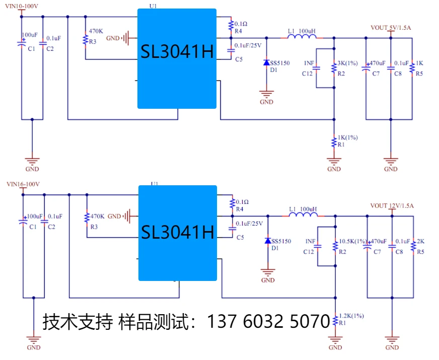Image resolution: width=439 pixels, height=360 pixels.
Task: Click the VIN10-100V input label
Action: [23, 6]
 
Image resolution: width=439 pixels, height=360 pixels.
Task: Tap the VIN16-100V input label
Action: [23, 184]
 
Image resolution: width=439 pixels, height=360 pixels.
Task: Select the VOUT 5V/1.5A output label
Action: [391, 28]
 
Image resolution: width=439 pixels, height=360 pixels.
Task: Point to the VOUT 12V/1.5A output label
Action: [392, 206]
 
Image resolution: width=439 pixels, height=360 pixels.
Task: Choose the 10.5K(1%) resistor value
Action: [353, 242]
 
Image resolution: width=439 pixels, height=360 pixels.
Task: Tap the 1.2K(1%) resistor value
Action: [351, 316]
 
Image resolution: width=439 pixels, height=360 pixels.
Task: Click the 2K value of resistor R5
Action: [420, 242]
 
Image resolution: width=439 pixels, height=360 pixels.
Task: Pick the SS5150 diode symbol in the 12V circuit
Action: [268, 241]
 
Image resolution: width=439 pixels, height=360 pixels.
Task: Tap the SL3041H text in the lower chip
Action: [178, 232]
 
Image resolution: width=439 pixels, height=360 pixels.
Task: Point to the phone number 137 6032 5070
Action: [268, 321]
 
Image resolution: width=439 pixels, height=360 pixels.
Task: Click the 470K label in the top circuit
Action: [96, 31]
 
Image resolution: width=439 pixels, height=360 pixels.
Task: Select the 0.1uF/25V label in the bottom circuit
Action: [249, 224]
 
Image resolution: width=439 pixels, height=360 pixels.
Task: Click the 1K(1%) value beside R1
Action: [348, 137]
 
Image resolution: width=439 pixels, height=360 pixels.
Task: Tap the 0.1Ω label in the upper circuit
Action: [241, 24]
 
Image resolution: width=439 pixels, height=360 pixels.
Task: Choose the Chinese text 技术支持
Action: [78, 321]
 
